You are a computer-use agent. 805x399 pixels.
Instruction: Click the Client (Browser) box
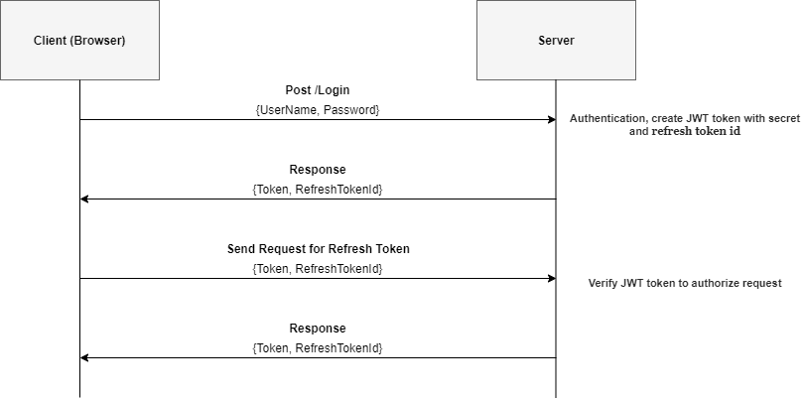pyautogui.click(x=79, y=41)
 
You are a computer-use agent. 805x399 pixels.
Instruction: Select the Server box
pyautogui.click(x=555, y=41)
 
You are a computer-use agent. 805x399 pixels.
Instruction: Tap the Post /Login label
pyautogui.click(x=318, y=90)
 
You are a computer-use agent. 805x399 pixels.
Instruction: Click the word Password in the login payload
pyautogui.click(x=350, y=109)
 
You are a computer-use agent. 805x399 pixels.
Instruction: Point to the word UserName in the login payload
pyautogui.click(x=287, y=109)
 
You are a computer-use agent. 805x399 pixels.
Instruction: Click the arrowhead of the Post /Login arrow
pyautogui.click(x=551, y=120)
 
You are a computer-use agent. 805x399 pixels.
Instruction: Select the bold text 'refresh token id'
pyautogui.click(x=696, y=131)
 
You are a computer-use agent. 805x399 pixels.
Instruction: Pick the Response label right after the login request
pyautogui.click(x=318, y=170)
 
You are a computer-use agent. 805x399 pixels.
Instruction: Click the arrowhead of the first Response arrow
pyautogui.click(x=85, y=199)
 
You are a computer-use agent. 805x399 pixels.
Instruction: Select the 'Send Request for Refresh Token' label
pyautogui.click(x=318, y=249)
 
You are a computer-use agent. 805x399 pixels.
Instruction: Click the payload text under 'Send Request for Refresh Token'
pyautogui.click(x=318, y=268)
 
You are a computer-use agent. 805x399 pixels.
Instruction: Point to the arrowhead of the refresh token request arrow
pyautogui.click(x=551, y=279)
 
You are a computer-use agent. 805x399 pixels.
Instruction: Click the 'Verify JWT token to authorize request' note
pyautogui.click(x=685, y=283)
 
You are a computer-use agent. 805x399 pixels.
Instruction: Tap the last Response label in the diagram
pyautogui.click(x=318, y=329)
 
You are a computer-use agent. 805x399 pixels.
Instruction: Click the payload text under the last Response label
pyautogui.click(x=318, y=347)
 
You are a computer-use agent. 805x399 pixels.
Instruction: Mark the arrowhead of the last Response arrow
pyautogui.click(x=85, y=358)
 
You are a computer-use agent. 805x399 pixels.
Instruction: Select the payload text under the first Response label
pyautogui.click(x=318, y=189)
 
